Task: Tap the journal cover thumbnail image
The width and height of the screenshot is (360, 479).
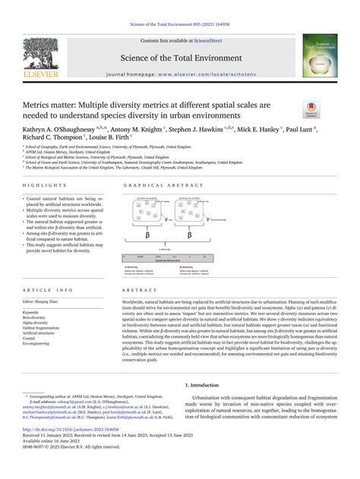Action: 322,55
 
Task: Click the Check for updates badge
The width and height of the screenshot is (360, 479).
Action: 332,108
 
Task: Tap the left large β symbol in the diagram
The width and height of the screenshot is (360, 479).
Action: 150,236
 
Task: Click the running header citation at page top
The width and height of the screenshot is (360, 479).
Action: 179,7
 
